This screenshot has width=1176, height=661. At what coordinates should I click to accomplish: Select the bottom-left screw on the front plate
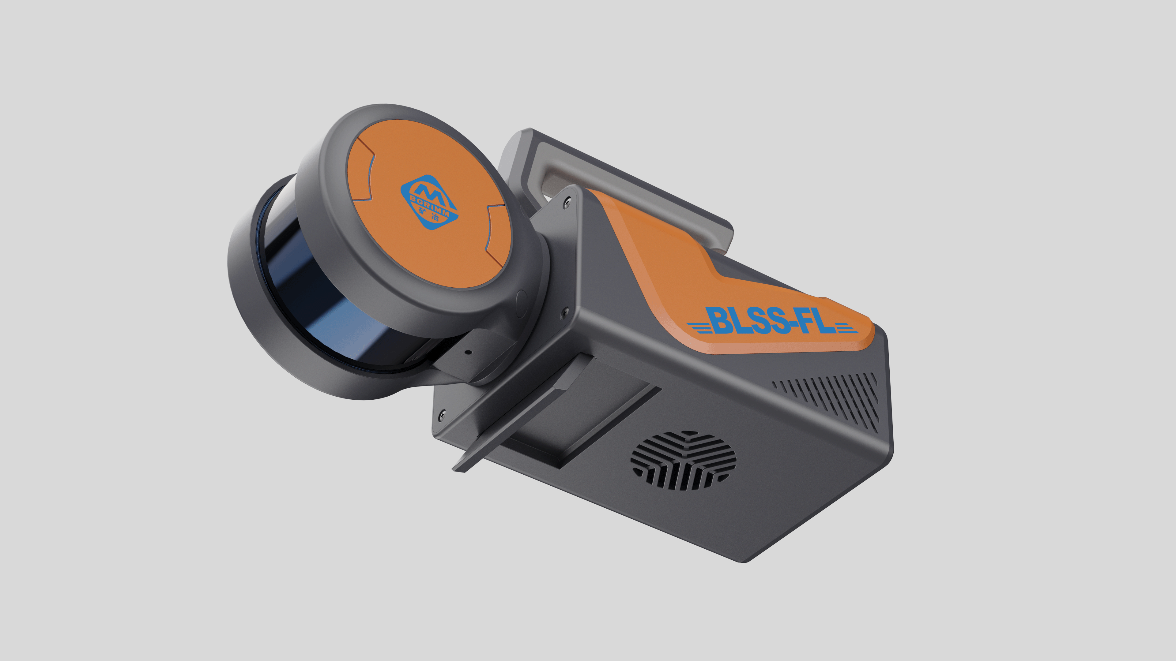[441, 415]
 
